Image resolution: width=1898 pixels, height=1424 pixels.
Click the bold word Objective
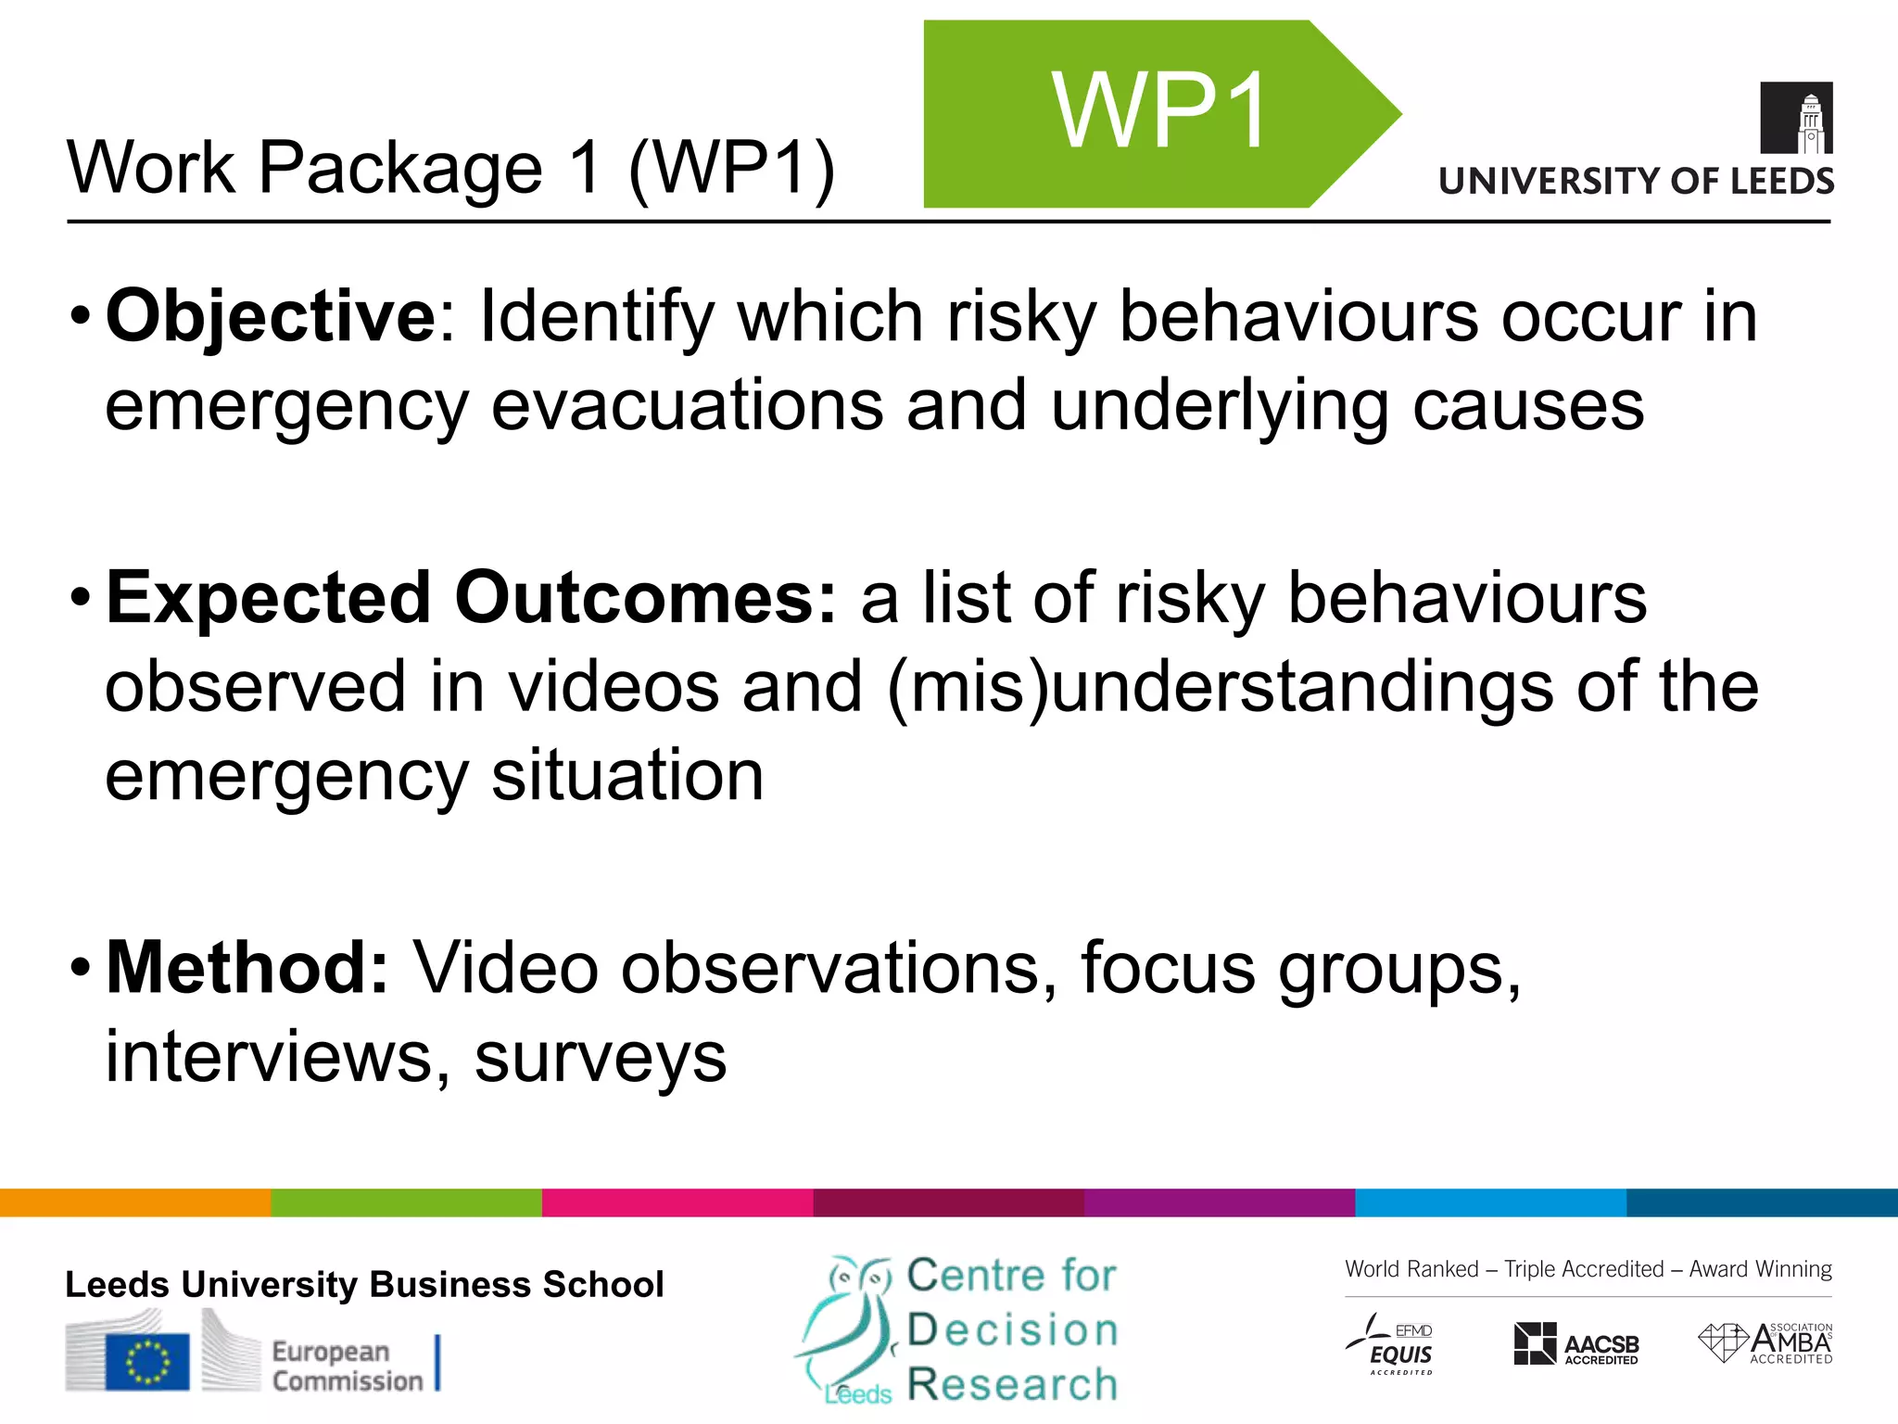(x=270, y=317)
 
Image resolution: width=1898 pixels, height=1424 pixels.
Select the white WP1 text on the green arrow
(x=1159, y=111)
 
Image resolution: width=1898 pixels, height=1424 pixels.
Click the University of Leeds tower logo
(x=1796, y=118)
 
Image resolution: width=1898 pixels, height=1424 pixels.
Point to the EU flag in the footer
(x=147, y=1362)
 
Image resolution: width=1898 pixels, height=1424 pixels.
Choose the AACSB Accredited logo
(x=1576, y=1344)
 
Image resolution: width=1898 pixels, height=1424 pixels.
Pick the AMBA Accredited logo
(x=1765, y=1343)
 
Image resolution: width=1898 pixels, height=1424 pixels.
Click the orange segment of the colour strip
(x=135, y=1202)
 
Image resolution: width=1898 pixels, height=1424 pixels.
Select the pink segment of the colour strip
(x=677, y=1202)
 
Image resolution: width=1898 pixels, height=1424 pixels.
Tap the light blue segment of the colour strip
(x=1490, y=1202)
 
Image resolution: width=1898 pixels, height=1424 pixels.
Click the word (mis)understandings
(x=1220, y=688)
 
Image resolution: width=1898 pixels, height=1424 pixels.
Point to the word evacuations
(x=687, y=406)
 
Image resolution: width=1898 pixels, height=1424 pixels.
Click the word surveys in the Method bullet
(x=601, y=1057)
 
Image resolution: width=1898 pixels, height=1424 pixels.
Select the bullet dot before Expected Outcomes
(x=81, y=600)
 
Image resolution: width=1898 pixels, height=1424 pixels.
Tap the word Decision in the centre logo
(x=1012, y=1330)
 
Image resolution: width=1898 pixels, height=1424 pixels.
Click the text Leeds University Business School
(x=364, y=1285)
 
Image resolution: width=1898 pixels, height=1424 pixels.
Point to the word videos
(x=613, y=688)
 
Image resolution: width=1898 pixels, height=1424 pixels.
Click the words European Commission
(x=347, y=1366)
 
